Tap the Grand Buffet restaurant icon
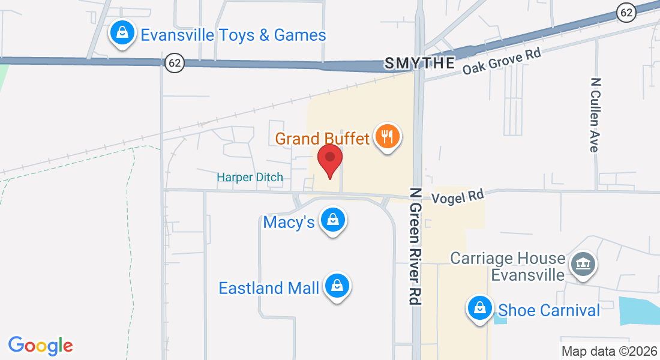[387, 137]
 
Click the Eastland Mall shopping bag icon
[337, 287]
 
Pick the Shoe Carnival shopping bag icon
[479, 309]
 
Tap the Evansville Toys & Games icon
[122, 33]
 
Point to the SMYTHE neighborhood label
[419, 63]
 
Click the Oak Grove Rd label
[502, 62]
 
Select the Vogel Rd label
[457, 196]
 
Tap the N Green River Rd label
[415, 246]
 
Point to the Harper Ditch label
[250, 177]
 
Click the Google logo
[40, 346]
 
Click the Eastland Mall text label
[268, 288]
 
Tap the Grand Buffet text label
[322, 139]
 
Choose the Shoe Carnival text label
[549, 310]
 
